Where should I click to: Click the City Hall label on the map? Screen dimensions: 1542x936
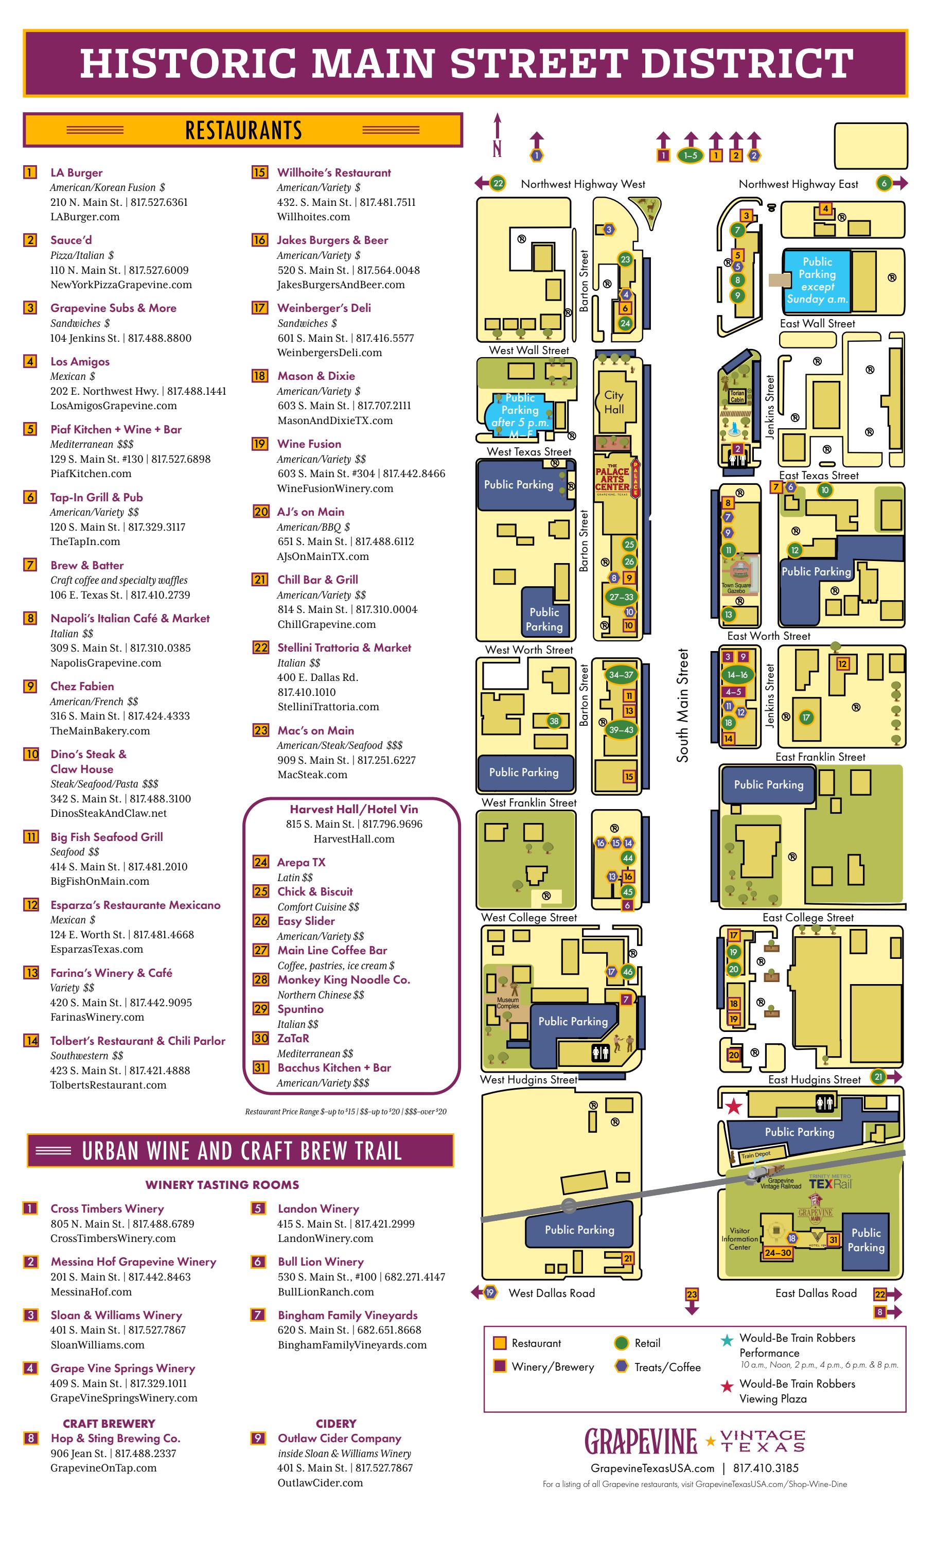pos(613,402)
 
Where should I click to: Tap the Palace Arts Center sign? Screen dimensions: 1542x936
pos(612,479)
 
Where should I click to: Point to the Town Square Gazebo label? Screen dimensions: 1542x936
pos(736,588)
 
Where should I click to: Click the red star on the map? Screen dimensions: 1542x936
pos(734,1107)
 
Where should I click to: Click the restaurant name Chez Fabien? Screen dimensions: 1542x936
pos(82,686)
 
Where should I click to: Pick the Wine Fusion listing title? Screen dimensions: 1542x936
pos(309,444)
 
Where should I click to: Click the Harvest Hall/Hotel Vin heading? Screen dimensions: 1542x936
pos(354,809)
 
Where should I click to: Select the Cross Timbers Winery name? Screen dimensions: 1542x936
pos(107,1208)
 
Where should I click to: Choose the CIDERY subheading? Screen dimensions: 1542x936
pos(336,1423)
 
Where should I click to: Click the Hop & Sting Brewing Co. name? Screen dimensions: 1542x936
pos(115,1438)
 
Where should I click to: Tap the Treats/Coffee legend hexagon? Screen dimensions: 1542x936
pos(621,1366)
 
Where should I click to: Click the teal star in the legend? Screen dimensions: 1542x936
pos(727,1340)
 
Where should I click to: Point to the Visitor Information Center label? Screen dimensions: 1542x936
pos(739,1238)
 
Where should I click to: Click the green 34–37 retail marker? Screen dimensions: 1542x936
pos(621,675)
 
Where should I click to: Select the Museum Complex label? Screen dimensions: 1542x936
pos(507,1003)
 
